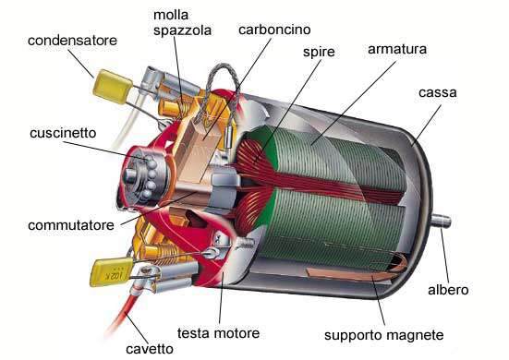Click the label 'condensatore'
72,41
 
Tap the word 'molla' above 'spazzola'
171,15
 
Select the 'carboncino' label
274,30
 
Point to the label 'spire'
319,53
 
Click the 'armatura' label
397,49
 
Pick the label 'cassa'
438,92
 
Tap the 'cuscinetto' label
63,133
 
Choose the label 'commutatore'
71,225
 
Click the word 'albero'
448,290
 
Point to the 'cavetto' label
150,349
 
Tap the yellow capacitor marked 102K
112,271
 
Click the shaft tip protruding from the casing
441,221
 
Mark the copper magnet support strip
358,270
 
